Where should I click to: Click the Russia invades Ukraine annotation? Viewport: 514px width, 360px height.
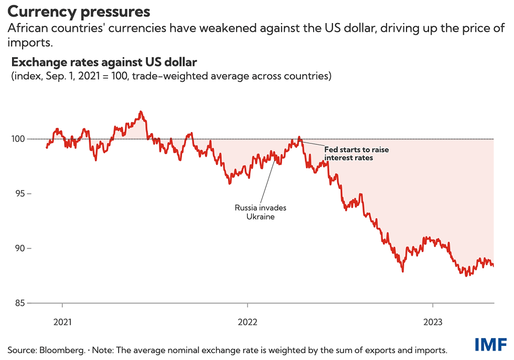coord(260,212)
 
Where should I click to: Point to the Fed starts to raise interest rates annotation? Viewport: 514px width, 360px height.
coord(357,153)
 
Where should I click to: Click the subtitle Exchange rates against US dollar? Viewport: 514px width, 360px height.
coord(104,63)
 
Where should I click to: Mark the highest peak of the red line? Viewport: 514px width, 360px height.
coord(141,112)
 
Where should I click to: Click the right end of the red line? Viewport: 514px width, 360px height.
coord(494,265)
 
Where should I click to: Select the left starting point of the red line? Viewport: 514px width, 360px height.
coord(47,147)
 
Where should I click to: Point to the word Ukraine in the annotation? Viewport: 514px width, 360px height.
coord(260,216)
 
